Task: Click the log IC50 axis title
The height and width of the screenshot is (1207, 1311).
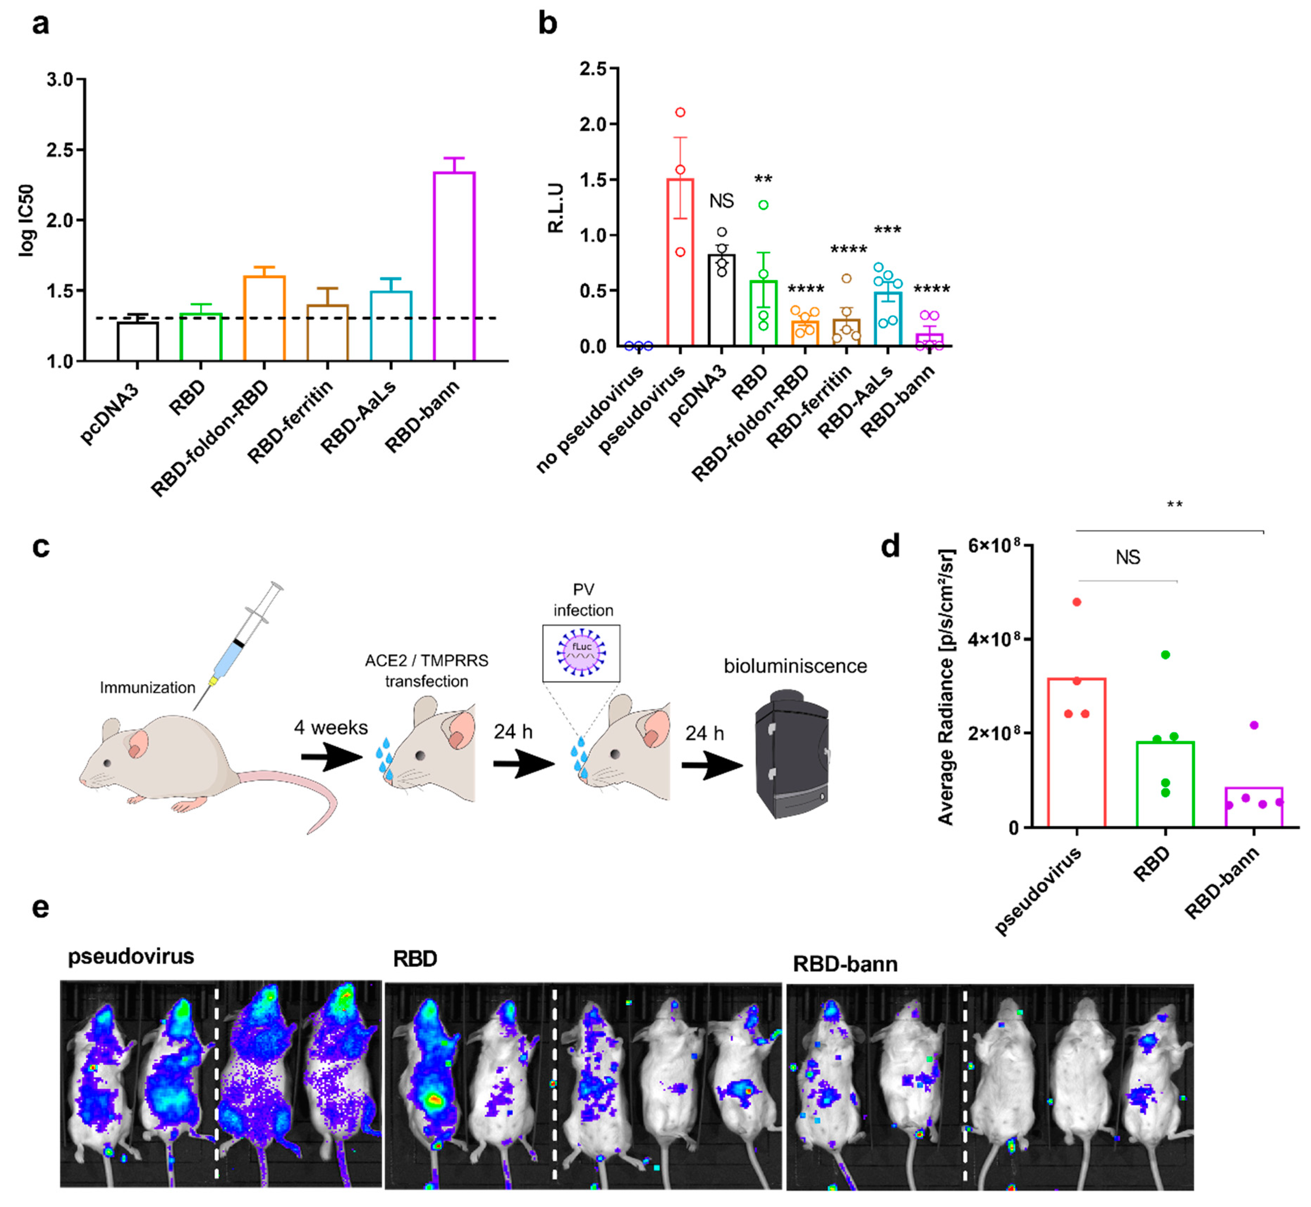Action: coord(26,220)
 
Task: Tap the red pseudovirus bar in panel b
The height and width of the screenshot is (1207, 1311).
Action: coord(680,261)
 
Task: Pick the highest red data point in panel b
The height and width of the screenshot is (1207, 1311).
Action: coord(680,112)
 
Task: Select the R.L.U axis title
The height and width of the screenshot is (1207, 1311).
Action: coord(556,208)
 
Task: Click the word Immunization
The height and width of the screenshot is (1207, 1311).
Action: coord(148,687)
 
